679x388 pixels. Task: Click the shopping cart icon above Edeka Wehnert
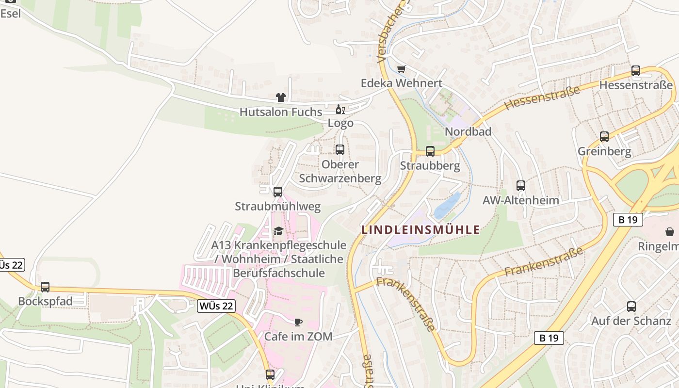pos(401,69)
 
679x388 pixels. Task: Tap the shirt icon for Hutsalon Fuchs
pos(280,97)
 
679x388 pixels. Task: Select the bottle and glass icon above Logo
pos(340,109)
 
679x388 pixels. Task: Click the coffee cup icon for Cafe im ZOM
pos(298,322)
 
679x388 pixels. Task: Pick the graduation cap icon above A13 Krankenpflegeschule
pos(278,231)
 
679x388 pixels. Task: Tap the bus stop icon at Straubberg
pos(430,151)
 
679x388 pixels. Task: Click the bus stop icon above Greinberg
pos(604,137)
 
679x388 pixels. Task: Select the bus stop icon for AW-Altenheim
pos(520,185)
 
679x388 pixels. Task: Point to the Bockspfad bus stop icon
pos(45,287)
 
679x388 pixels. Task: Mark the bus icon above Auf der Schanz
pos(631,306)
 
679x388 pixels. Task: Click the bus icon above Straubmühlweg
pos(277,192)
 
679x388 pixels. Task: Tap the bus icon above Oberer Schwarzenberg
pos(340,149)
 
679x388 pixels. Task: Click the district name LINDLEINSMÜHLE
pos(420,230)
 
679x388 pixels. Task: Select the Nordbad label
pos(468,131)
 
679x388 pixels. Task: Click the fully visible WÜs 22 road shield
pos(216,306)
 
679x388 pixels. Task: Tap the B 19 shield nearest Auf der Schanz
pos(549,338)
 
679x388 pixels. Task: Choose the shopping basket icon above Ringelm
pos(669,231)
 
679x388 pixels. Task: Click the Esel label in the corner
pos(11,14)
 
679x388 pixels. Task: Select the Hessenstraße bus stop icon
pos(636,71)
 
